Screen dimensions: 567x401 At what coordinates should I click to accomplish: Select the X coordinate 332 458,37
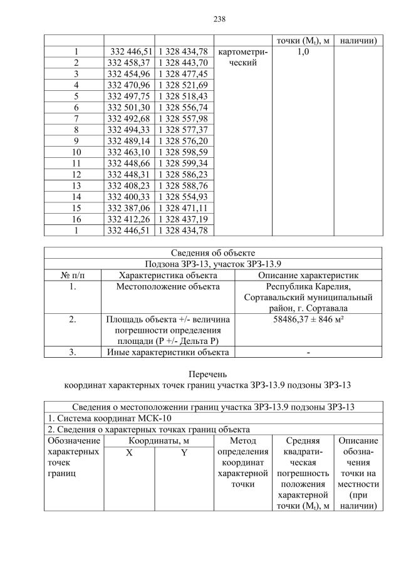click(130, 63)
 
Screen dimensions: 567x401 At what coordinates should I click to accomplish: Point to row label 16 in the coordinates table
click(75, 219)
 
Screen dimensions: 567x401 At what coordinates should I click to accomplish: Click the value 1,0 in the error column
click(303, 53)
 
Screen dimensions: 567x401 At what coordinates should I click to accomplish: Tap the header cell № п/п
click(73, 276)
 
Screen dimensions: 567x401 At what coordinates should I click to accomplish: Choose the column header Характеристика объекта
click(166, 276)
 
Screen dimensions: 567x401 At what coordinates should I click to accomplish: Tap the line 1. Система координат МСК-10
click(107, 418)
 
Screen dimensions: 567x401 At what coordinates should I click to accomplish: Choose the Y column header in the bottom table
click(184, 452)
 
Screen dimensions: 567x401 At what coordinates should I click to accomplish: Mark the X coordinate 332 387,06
click(130, 208)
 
